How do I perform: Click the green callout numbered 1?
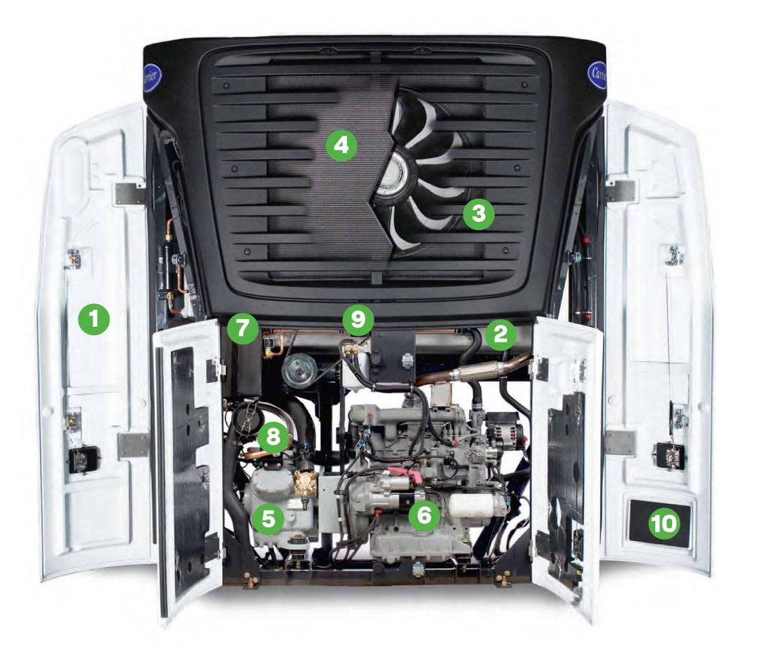click(95, 320)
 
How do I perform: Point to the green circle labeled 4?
click(341, 145)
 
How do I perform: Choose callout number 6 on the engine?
click(424, 514)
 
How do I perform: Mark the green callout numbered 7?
click(242, 328)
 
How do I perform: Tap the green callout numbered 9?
click(359, 318)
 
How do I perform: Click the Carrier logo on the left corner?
click(153, 78)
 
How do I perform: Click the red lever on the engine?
click(412, 477)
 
